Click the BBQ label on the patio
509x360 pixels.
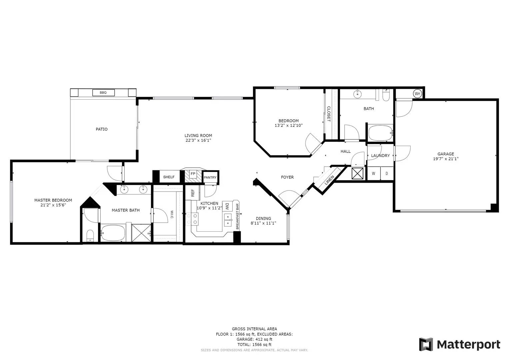pyautogui.click(x=103, y=93)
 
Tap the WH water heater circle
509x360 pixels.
pyautogui.click(x=417, y=93)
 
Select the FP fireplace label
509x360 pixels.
pyautogui.click(x=193, y=174)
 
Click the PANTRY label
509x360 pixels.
pyautogui.click(x=210, y=177)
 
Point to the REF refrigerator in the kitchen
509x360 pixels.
pyautogui.click(x=193, y=193)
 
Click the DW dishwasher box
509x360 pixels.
pyautogui.click(x=227, y=206)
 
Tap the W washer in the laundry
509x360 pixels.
pyautogui.click(x=374, y=174)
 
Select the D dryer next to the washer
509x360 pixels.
pyautogui.click(x=387, y=174)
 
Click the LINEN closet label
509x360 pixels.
pyautogui.click(x=329, y=180)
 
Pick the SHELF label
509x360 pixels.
pyautogui.click(x=169, y=177)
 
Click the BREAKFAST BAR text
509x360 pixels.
pyautogui.click(x=237, y=216)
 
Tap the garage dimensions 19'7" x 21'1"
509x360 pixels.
pyautogui.click(x=446, y=159)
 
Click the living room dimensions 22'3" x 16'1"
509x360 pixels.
pyautogui.click(x=198, y=140)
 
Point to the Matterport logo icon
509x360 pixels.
pyautogui.click(x=426, y=344)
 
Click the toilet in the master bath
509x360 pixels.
pyautogui.click(x=90, y=236)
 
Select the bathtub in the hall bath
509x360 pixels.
pyautogui.click(x=381, y=133)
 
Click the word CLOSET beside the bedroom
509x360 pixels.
pyautogui.click(x=329, y=114)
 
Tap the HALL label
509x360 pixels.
pyautogui.click(x=345, y=151)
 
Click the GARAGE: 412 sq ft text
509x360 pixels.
pyautogui.click(x=254, y=339)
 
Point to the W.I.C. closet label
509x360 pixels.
pyautogui.click(x=172, y=215)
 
